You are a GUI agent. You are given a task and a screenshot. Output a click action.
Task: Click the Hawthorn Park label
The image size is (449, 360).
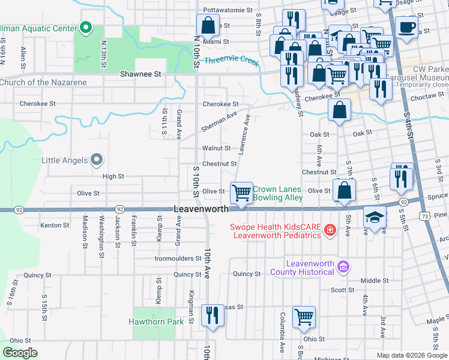point(156,322)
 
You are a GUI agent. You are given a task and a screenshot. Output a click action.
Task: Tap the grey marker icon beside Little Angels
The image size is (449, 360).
point(97,160)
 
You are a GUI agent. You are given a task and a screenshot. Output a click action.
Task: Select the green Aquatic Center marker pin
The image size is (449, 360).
point(86,28)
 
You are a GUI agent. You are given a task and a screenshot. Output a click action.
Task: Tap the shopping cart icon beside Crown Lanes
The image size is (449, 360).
point(241,194)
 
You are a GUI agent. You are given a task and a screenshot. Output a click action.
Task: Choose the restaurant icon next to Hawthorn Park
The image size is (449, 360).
point(212,315)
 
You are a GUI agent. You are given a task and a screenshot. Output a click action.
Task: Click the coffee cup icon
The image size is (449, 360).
point(407,28)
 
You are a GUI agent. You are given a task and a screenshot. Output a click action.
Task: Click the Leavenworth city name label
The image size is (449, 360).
point(201,209)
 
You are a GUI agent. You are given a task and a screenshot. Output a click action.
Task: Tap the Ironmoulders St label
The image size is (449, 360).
point(178,259)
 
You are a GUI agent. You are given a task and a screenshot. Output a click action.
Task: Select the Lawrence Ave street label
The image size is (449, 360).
point(244,135)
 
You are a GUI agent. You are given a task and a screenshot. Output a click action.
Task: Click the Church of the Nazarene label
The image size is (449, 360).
point(43,82)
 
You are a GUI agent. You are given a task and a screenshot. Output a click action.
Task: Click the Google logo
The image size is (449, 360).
point(20,353)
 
